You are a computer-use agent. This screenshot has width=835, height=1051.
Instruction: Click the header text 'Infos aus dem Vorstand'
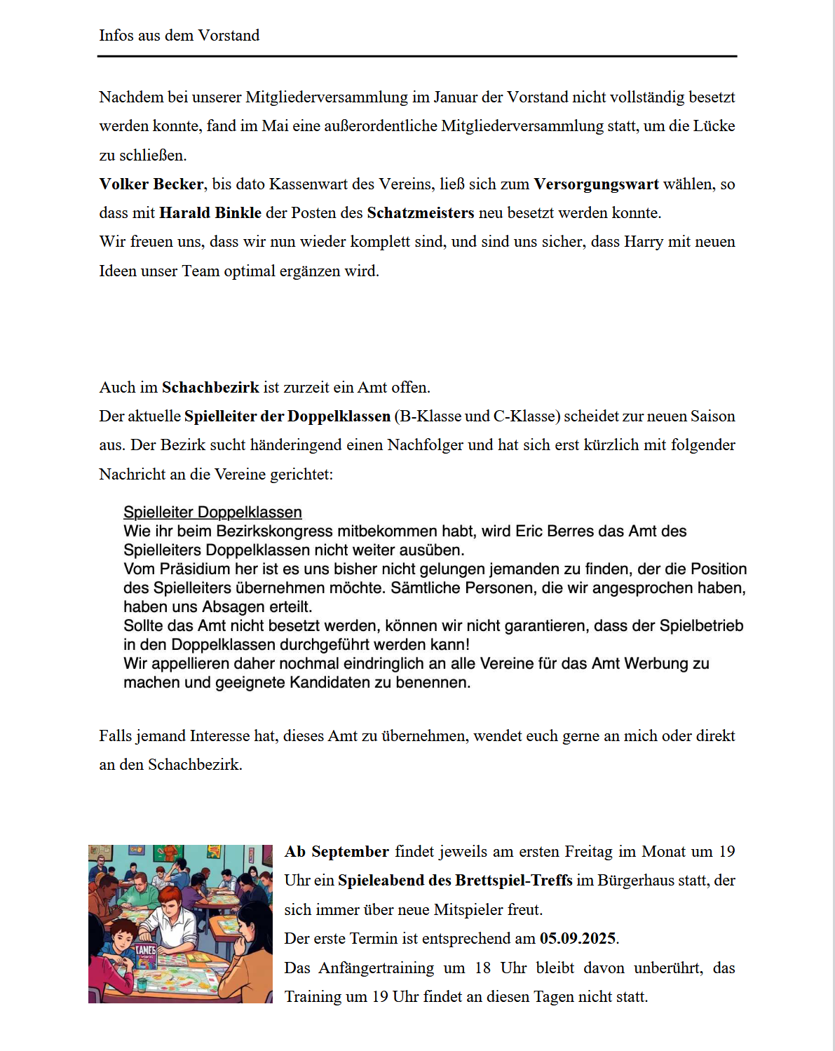point(179,36)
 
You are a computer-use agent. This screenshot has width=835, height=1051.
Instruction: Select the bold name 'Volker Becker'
point(151,184)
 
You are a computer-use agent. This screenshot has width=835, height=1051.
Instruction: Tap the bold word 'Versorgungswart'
point(596,184)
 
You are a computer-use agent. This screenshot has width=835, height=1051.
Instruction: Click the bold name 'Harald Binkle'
point(210,213)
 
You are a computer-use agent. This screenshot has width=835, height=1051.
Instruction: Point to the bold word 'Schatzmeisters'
point(421,213)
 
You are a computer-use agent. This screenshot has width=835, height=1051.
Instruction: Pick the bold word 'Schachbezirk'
point(210,388)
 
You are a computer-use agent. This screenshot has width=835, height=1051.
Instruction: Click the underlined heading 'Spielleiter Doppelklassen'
point(212,513)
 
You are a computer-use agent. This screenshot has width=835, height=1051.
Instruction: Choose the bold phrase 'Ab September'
point(337,852)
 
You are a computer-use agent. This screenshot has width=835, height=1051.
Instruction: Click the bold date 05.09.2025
point(578,939)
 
